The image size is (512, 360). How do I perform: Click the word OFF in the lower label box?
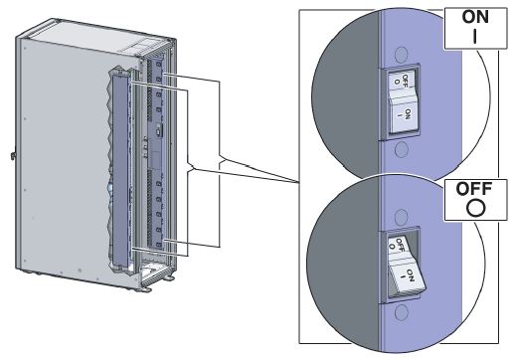[467, 188]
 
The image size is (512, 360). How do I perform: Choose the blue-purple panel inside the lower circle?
[447, 278]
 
